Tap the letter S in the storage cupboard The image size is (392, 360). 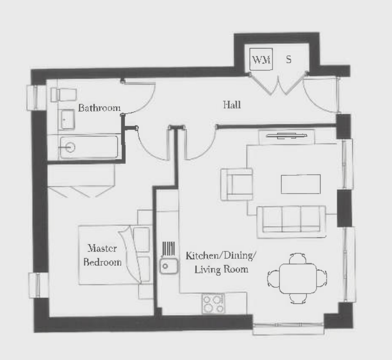(x=288, y=60)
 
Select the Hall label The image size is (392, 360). (x=232, y=104)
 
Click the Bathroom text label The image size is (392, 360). (x=99, y=108)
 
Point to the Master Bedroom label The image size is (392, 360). (x=103, y=255)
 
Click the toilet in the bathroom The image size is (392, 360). (x=63, y=94)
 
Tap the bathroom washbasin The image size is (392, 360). (x=68, y=119)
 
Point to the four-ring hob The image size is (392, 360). (x=213, y=304)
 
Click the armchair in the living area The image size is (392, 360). (x=237, y=184)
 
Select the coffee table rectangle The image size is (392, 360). (x=301, y=184)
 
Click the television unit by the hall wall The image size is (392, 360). (x=287, y=136)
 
